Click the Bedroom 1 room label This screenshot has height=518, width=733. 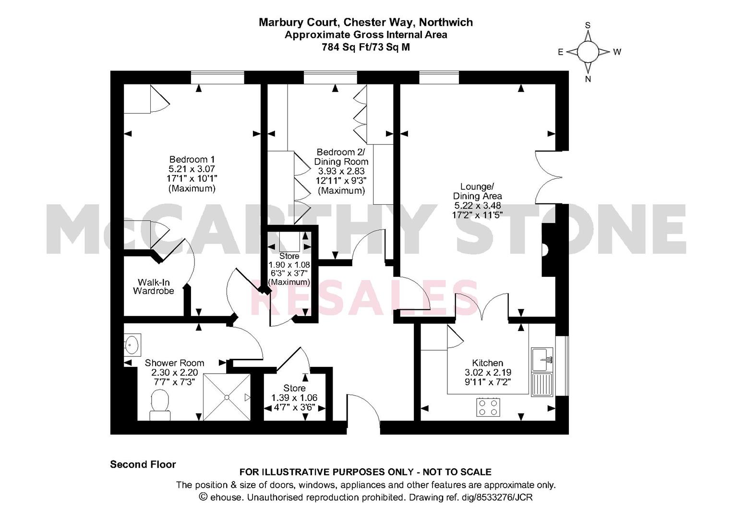pos(192,160)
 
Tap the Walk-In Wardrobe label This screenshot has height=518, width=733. pos(154,286)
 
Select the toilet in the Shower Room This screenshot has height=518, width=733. pos(160,406)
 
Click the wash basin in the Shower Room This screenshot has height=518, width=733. pos(132,345)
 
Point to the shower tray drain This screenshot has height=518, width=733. pos(227,397)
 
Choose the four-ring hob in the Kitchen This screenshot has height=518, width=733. pos(488,407)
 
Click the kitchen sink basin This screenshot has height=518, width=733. pos(540,359)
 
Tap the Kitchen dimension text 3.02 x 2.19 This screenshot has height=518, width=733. pos(488,372)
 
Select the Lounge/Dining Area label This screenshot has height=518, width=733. pos(478,191)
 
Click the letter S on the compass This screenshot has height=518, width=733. pos(588,25)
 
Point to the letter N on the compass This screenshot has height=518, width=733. pos(588,79)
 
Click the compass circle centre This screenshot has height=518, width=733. pos(588,52)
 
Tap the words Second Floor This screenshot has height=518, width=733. pos(143,464)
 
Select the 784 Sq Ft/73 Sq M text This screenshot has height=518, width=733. pos(366,47)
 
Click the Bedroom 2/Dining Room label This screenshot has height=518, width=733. pos(341,157)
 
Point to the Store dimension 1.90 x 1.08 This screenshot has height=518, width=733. pos(289,265)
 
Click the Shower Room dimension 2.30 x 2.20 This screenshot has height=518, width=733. pos(174,373)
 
